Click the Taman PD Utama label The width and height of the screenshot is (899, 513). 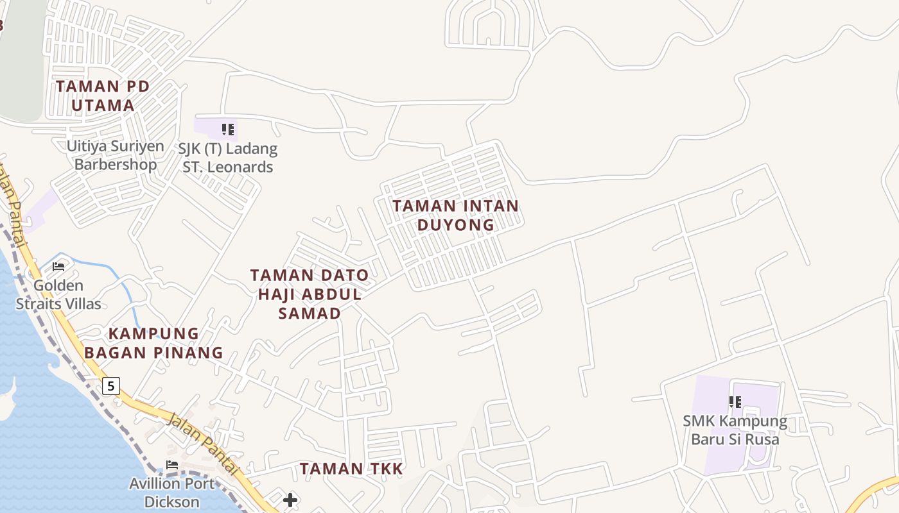103,96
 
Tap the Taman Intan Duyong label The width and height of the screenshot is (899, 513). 455,215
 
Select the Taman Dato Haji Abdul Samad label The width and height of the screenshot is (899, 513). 310,294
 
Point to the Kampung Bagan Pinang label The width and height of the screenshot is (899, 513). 154,343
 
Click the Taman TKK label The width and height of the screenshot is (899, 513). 351,469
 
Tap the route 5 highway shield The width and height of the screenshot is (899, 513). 111,386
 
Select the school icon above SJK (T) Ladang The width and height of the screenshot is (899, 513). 227,130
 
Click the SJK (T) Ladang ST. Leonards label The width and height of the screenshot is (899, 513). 227,158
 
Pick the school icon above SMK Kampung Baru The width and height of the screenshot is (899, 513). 735,402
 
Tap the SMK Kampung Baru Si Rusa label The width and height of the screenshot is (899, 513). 735,430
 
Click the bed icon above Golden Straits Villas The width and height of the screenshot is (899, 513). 58,267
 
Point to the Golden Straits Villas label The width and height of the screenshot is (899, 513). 58,294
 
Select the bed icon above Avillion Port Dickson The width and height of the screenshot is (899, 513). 171,465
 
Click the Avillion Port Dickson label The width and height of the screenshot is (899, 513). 171,492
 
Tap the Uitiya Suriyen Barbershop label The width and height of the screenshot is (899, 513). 116,155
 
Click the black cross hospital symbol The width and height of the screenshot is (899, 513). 290,500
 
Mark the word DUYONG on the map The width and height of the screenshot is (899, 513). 456,225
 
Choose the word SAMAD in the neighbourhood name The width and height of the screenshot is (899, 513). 310,313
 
